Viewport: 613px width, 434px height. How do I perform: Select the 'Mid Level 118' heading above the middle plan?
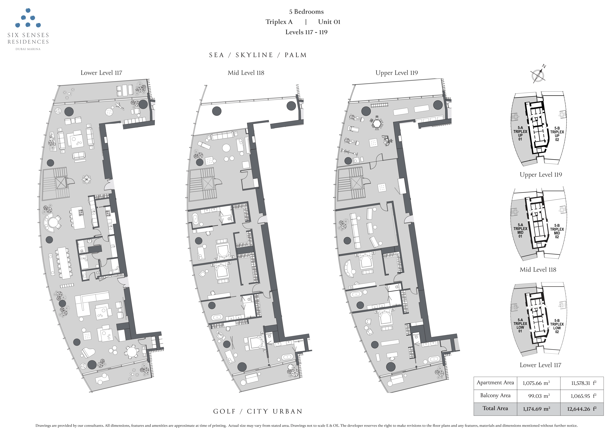(246, 73)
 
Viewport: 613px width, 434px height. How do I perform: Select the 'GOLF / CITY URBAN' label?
(258, 411)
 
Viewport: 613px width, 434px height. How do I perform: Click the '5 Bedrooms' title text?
(306, 12)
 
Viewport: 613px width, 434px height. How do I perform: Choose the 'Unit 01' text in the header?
(329, 22)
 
